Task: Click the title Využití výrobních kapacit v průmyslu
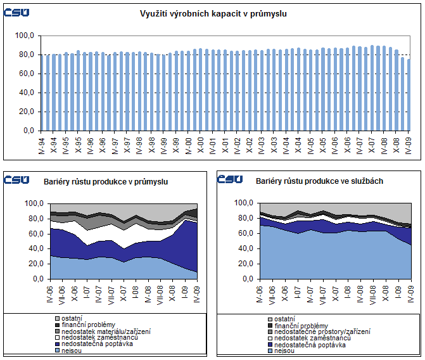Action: (x=213, y=13)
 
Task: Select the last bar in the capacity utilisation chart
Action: (x=409, y=95)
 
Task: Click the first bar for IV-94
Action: (x=48, y=93)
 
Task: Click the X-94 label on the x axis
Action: (x=53, y=143)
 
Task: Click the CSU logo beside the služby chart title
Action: (x=230, y=179)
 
